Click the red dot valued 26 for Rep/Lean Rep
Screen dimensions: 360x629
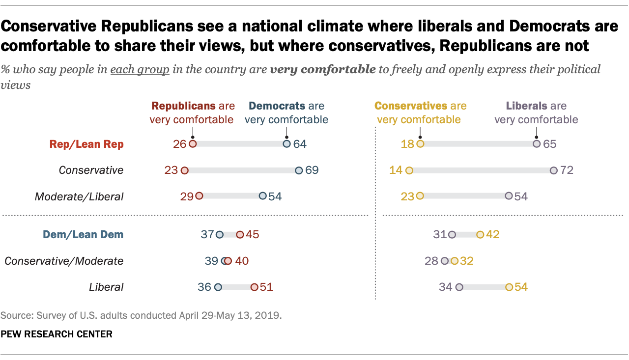click(x=193, y=144)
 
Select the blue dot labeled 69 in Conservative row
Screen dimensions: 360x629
click(x=299, y=170)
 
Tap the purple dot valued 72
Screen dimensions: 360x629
click(x=554, y=170)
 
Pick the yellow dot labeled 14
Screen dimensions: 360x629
click(x=409, y=170)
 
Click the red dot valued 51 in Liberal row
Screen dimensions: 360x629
click(x=254, y=287)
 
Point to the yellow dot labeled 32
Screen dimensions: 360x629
click(x=455, y=261)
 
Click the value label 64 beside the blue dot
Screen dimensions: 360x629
click(x=299, y=144)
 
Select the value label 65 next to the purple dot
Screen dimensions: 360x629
click(x=549, y=144)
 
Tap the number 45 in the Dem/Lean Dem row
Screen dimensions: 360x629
click(x=252, y=235)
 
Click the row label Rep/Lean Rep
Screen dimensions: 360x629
click(x=86, y=144)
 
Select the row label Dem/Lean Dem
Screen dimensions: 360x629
click(x=83, y=235)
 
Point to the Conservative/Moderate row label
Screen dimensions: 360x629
click(x=64, y=261)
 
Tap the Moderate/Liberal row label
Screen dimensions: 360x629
click(x=79, y=196)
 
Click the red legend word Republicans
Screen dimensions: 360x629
click(x=183, y=106)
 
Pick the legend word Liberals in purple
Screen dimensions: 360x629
click(x=525, y=106)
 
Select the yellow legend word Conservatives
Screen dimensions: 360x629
click(x=410, y=106)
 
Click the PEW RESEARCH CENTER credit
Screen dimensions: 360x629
click(x=57, y=334)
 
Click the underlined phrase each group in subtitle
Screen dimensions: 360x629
click(x=140, y=69)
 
